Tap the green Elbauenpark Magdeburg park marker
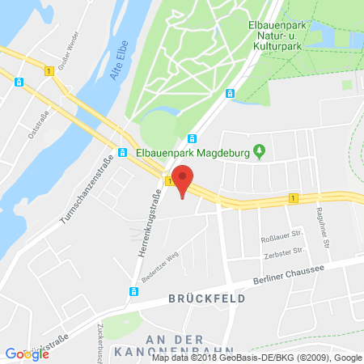259,150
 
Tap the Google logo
27,353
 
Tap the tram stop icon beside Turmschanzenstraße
122,151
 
